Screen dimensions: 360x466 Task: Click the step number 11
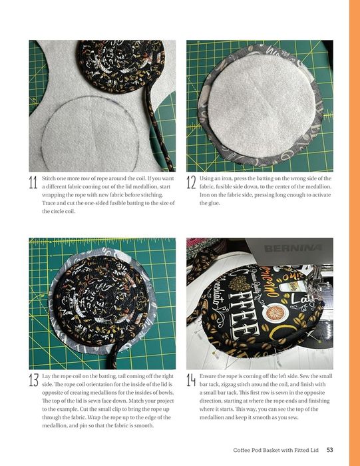pos(33,182)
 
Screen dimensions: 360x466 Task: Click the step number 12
pos(191,182)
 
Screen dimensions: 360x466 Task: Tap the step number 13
pos(33,380)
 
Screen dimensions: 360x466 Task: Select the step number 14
pos(191,380)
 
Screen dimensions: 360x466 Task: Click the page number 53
pos(329,450)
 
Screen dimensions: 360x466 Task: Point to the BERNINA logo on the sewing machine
pos(293,248)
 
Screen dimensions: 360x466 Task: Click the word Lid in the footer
pos(314,450)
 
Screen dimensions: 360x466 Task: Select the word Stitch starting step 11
pos(49,178)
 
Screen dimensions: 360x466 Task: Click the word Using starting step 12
pos(206,178)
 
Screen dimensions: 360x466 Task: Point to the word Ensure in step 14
pos(208,376)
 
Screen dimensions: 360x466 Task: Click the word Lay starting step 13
pos(46,376)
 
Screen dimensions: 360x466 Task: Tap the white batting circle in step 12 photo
pos(261,110)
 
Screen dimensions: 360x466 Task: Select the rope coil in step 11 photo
pos(121,66)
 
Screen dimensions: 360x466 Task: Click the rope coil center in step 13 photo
pos(101,300)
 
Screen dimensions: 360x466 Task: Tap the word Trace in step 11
pos(49,203)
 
